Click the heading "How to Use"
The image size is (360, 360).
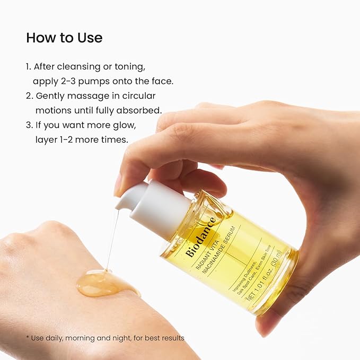[64, 38]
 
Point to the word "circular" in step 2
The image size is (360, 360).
[139, 96]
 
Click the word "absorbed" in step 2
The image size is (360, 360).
[142, 110]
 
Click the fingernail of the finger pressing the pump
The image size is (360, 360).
[118, 184]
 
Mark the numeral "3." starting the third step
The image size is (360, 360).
[30, 125]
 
